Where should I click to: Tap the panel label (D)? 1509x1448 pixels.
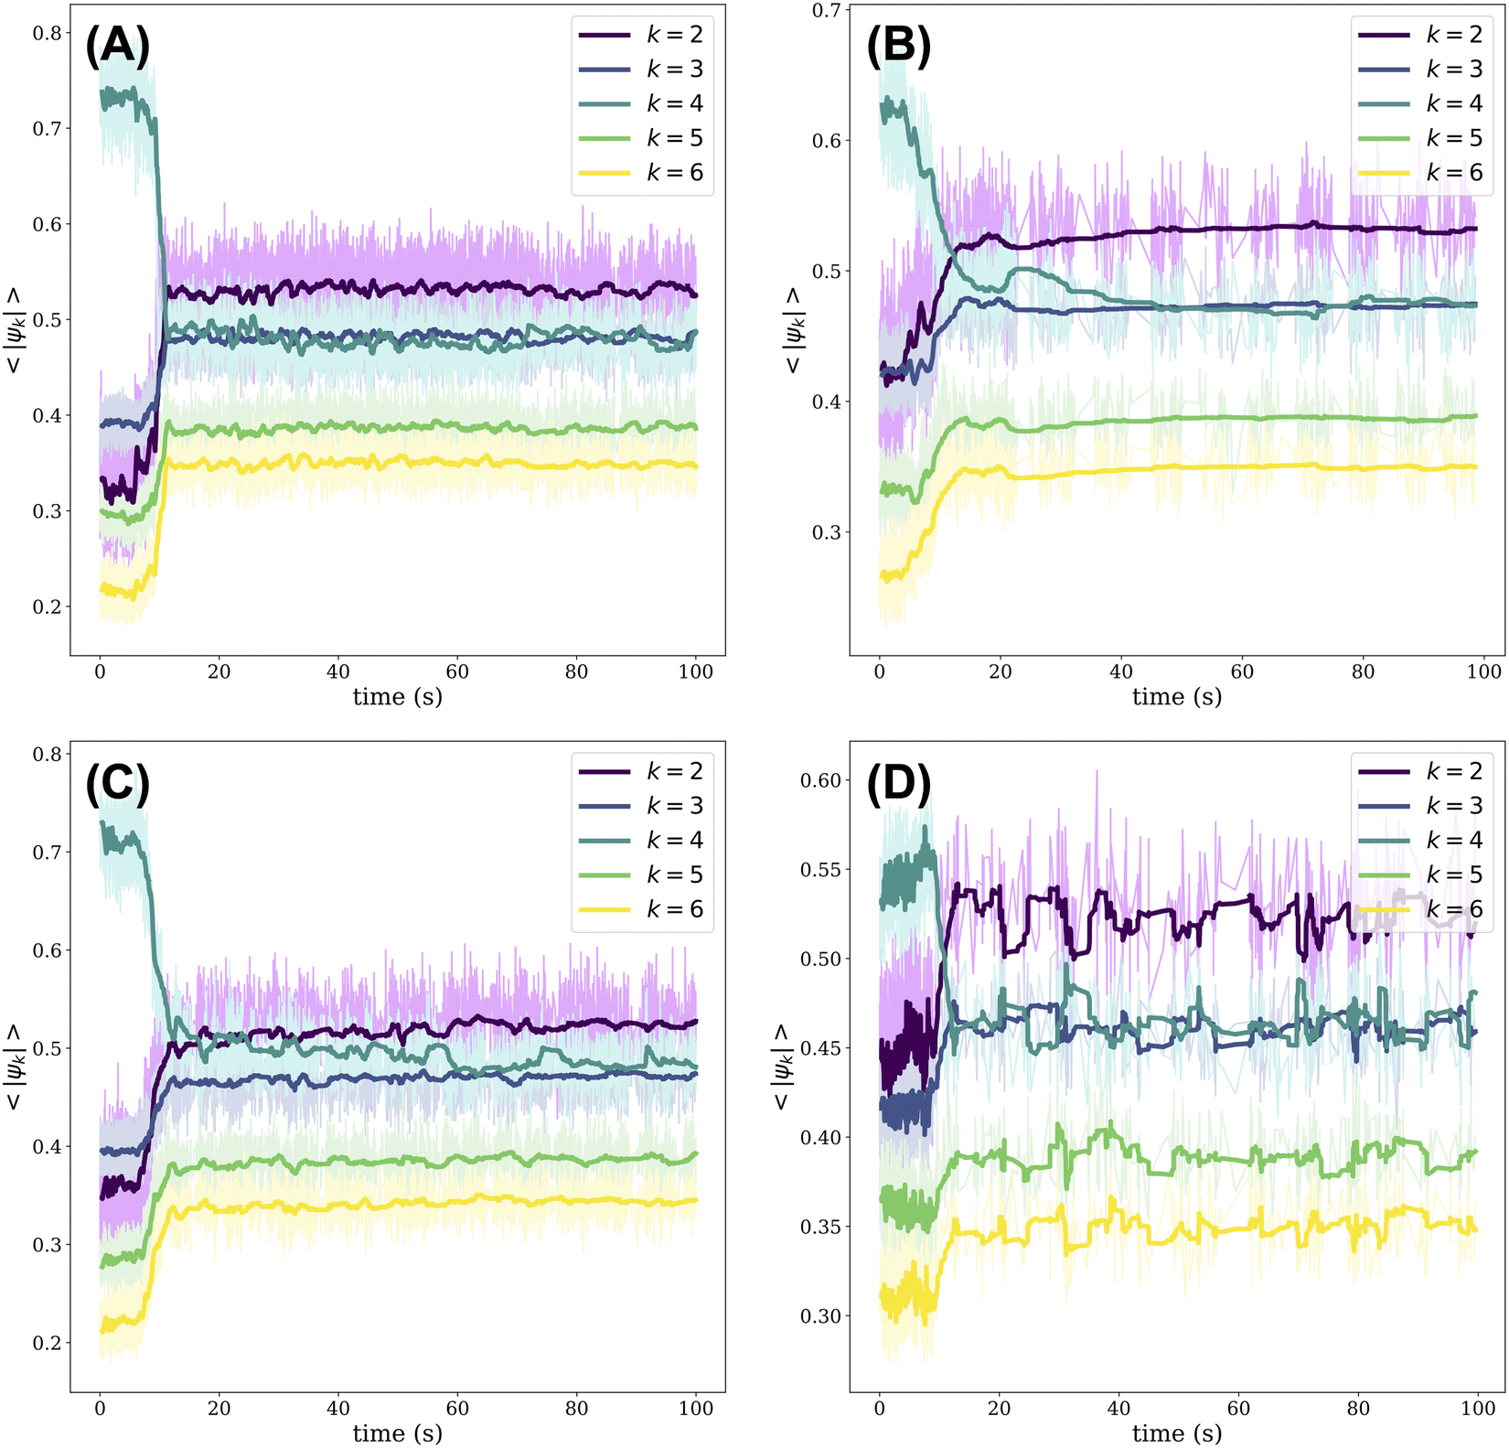pyautogui.click(x=897, y=784)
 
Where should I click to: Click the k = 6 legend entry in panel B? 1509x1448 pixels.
pyautogui.click(x=1421, y=173)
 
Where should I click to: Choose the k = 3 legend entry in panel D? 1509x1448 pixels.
pyautogui.click(x=1421, y=806)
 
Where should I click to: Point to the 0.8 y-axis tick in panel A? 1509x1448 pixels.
pyautogui.click(x=48, y=33)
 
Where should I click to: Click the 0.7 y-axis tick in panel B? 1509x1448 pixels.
pyautogui.click(x=827, y=10)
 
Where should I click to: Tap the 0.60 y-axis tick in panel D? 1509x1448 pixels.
pyautogui.click(x=820, y=780)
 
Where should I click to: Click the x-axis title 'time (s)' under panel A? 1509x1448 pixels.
pyautogui.click(x=398, y=697)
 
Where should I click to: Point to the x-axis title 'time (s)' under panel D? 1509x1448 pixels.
pyautogui.click(x=1177, y=1433)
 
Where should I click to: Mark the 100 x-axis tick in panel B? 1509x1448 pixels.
pyautogui.click(x=1483, y=671)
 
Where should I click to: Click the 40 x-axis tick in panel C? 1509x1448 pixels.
pyautogui.click(x=338, y=1408)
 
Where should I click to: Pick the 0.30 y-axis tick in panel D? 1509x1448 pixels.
pyautogui.click(x=820, y=1316)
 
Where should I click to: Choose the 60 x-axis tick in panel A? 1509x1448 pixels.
pyautogui.click(x=457, y=671)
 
